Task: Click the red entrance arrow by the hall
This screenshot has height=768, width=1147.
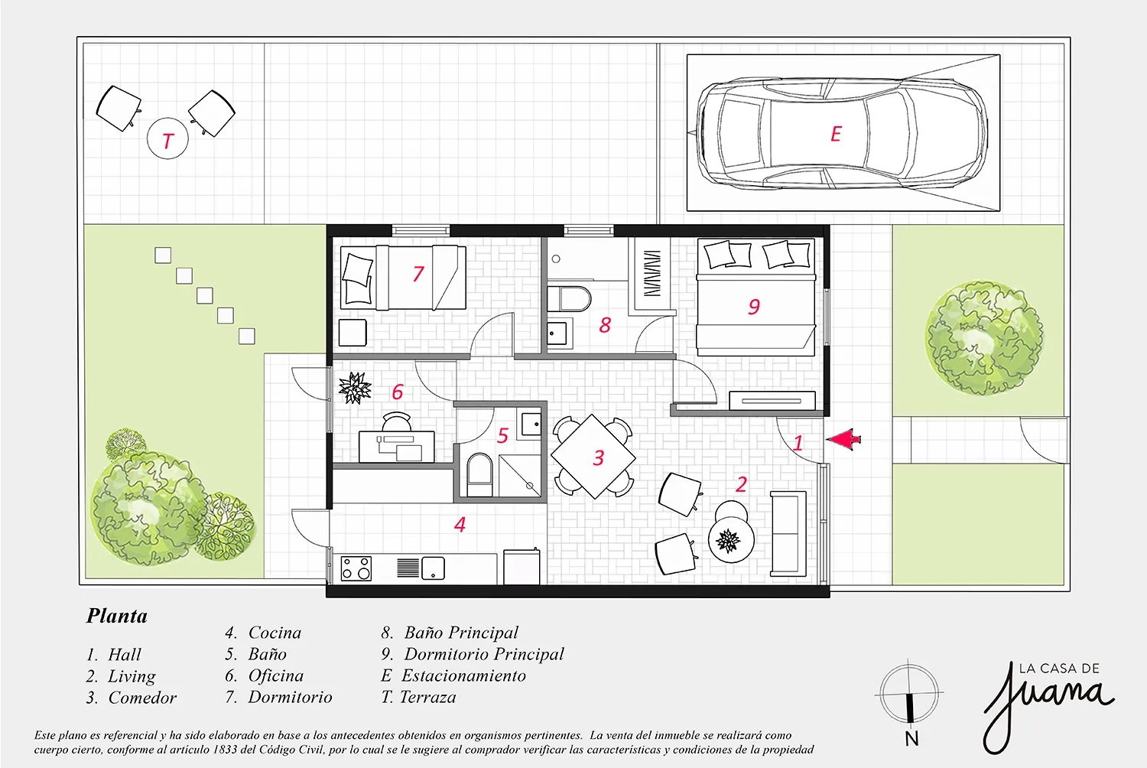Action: click(843, 439)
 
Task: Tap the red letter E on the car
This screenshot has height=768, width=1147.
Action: click(836, 134)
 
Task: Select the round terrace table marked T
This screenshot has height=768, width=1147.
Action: click(167, 138)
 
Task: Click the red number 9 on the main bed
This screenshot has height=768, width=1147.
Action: click(754, 307)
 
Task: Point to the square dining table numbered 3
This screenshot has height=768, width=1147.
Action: click(593, 456)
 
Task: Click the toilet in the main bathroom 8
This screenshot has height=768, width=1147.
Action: click(569, 298)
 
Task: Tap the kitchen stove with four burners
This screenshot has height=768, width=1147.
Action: click(356, 568)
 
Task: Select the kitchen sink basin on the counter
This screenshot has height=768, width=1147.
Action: click(433, 568)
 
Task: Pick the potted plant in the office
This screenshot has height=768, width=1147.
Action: click(354, 388)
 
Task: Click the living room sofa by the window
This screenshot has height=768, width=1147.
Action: click(788, 534)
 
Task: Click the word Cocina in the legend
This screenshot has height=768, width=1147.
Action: click(275, 633)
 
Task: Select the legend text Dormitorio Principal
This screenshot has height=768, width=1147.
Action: click(484, 654)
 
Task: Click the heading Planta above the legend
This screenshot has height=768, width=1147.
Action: click(117, 616)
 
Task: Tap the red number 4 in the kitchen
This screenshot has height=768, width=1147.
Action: click(460, 524)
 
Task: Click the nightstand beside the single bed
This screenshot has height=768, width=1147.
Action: click(353, 333)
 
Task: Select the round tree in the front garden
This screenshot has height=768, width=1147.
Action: click(983, 337)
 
